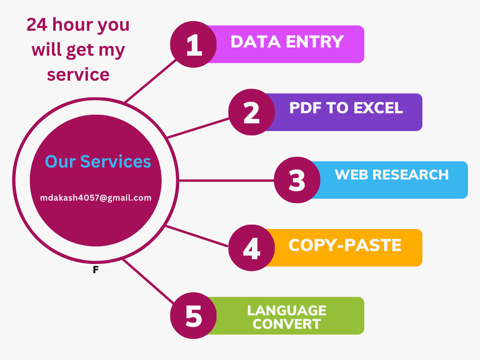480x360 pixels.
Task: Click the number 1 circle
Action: (193, 44)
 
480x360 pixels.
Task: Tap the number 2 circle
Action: (252, 112)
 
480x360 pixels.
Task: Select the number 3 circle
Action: (297, 180)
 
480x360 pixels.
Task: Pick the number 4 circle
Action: (252, 248)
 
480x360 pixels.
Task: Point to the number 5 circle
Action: (193, 316)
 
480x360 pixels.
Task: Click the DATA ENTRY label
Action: (287, 42)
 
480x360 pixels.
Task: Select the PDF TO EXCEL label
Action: (346, 108)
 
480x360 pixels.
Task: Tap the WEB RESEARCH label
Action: (392, 175)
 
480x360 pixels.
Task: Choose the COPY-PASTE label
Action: (345, 245)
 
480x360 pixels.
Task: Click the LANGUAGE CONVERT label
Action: (287, 317)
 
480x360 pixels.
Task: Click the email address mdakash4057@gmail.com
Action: (96, 198)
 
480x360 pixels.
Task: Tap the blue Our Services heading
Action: (98, 161)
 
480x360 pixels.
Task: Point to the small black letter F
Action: (96, 270)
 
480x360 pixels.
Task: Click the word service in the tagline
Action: (78, 74)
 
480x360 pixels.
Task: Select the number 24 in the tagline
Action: (37, 24)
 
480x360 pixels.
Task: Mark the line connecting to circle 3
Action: (226, 180)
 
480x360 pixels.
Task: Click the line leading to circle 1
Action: (151, 81)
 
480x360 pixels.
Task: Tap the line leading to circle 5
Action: (148, 281)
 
